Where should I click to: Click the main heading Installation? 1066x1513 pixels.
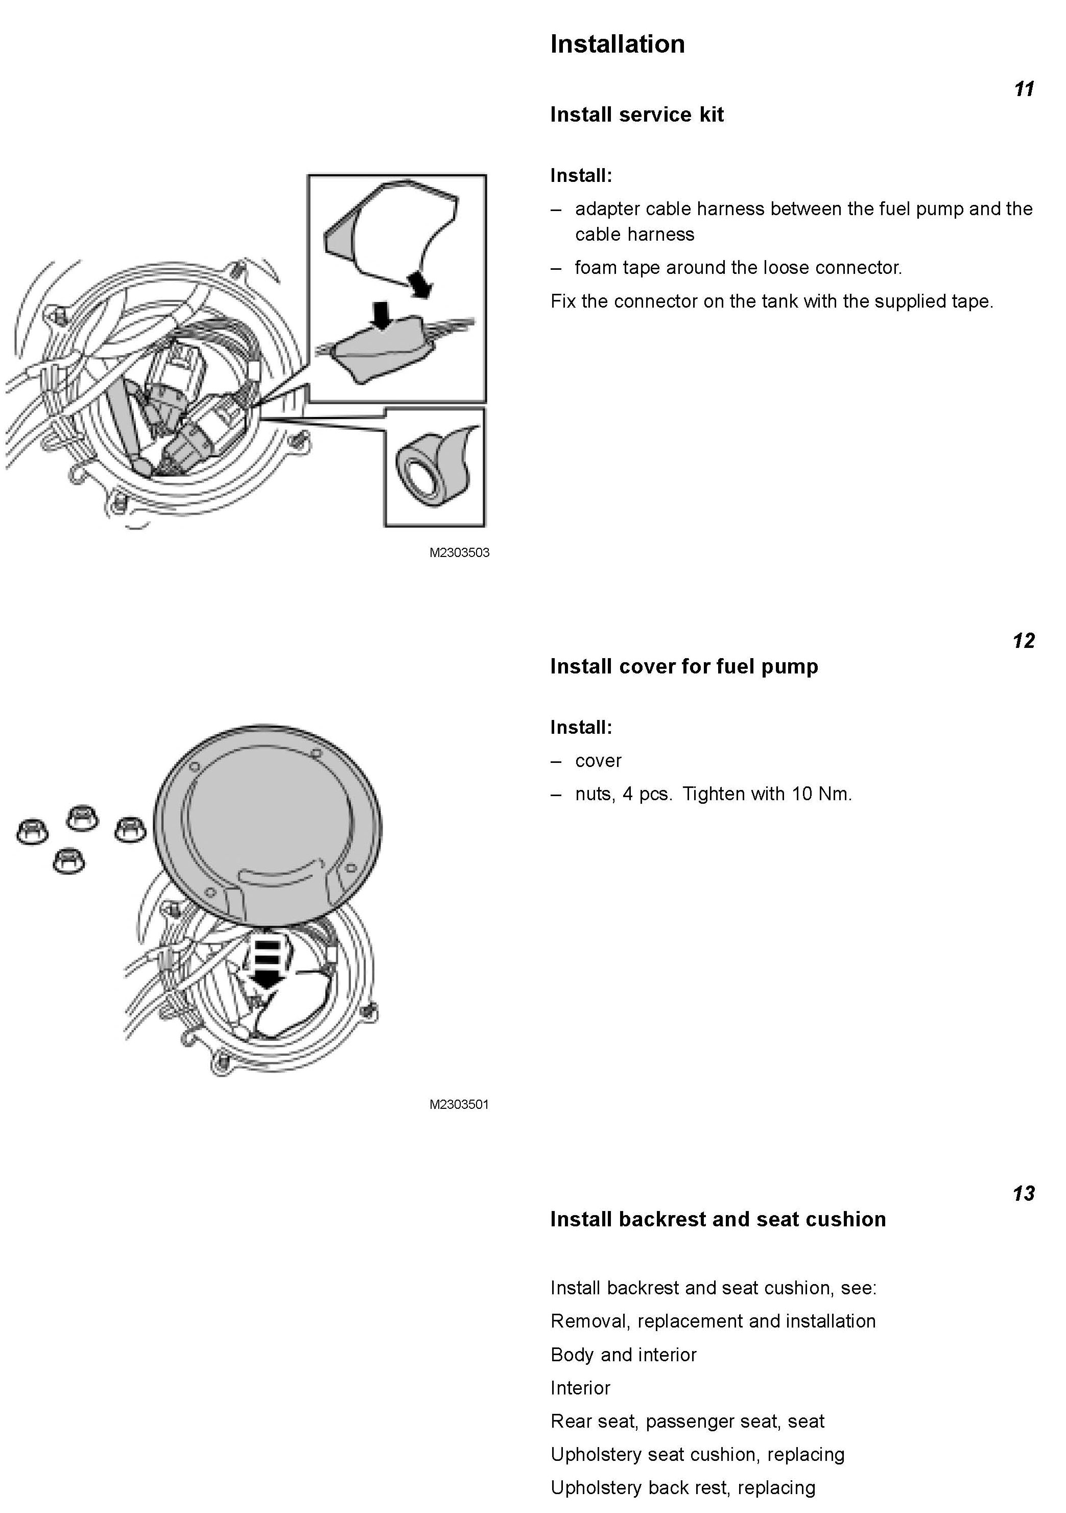click(618, 44)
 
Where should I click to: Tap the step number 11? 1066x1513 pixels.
click(1024, 89)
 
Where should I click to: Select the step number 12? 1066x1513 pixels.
click(1023, 641)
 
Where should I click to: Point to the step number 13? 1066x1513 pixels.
click(1023, 1194)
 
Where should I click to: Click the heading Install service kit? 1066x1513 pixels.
click(636, 114)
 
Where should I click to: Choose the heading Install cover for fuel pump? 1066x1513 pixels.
click(684, 666)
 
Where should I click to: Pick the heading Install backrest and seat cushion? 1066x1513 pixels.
click(718, 1219)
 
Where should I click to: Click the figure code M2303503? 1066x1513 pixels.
click(459, 553)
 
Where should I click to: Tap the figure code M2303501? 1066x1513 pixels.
click(459, 1104)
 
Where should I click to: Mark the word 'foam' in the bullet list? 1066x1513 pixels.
click(596, 268)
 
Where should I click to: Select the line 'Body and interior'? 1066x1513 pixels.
click(623, 1355)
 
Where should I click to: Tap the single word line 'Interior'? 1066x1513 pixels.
click(580, 1388)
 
